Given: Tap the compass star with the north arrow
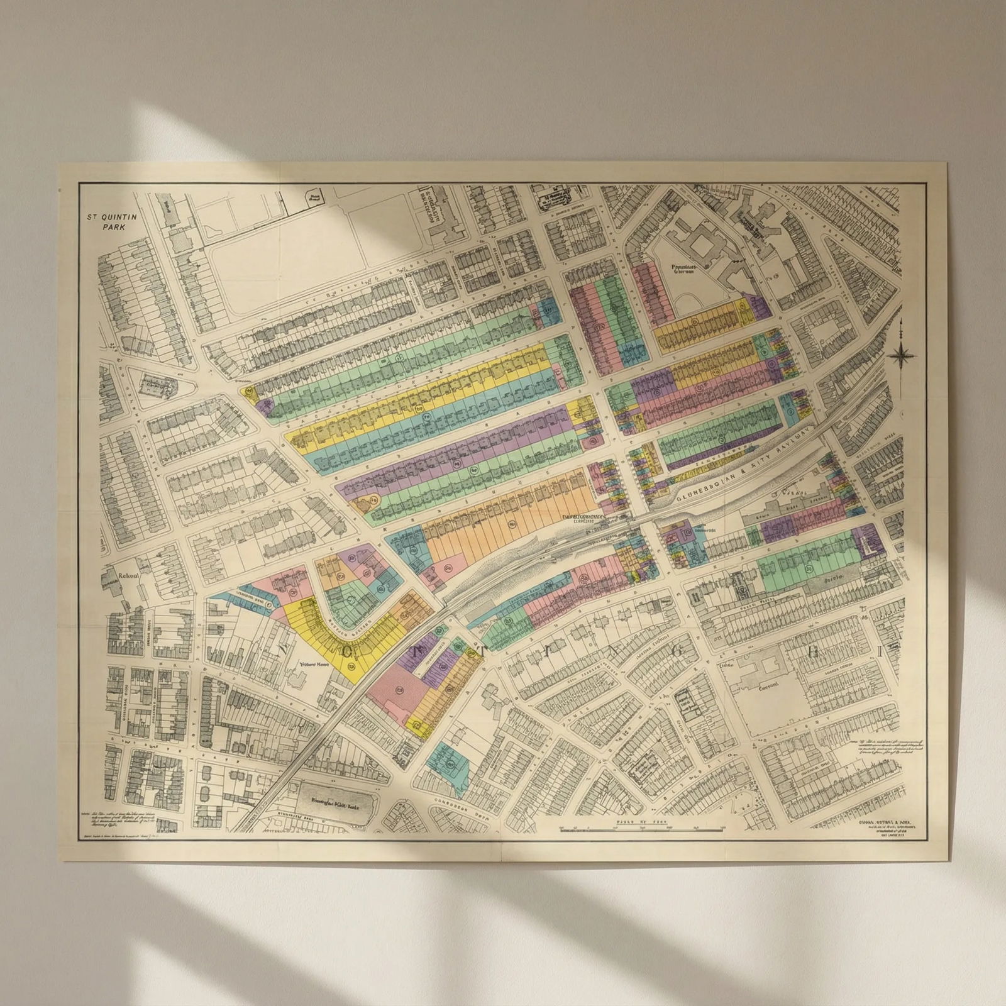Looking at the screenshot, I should pyautogui.click(x=902, y=355).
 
